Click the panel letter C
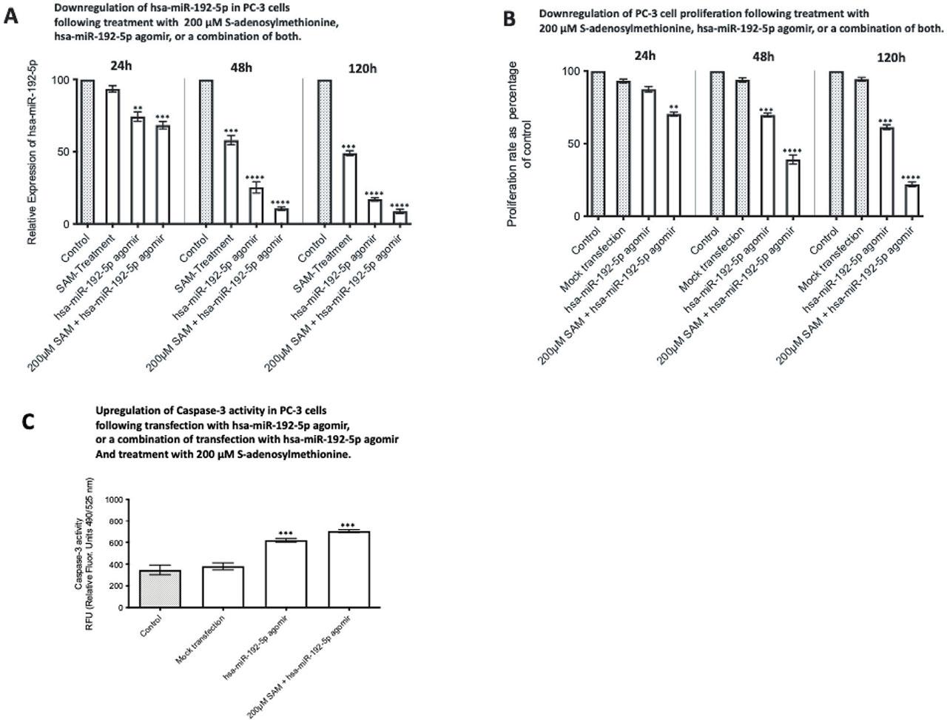click(x=27, y=421)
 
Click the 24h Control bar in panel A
click(x=87, y=152)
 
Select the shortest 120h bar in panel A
click(x=400, y=218)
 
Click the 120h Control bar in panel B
click(x=836, y=144)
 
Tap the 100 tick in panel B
click(x=571, y=72)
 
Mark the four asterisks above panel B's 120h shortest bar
click(x=911, y=178)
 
